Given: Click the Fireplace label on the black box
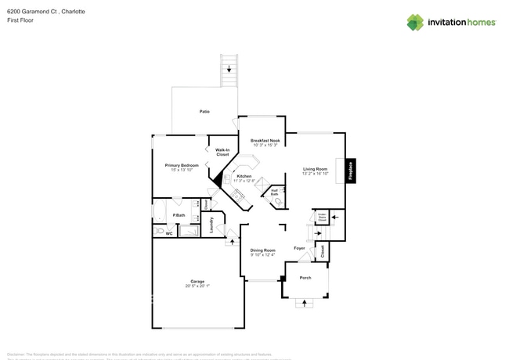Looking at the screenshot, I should coord(351,171).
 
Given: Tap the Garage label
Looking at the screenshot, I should coord(197,281).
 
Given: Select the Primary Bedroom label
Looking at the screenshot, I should coord(181,165).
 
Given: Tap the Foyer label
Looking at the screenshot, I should coord(299,248).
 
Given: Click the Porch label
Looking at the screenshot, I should coord(305,278).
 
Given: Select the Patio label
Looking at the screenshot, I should coord(204,111).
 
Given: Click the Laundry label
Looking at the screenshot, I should coord(212,225).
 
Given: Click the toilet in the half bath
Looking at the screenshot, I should coord(279,201).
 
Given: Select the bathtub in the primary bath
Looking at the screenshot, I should coord(159,212).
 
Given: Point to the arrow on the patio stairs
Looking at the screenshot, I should coord(229,70).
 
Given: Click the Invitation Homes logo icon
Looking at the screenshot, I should coord(414,22).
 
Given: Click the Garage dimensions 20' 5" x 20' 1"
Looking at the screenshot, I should coord(197,286).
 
